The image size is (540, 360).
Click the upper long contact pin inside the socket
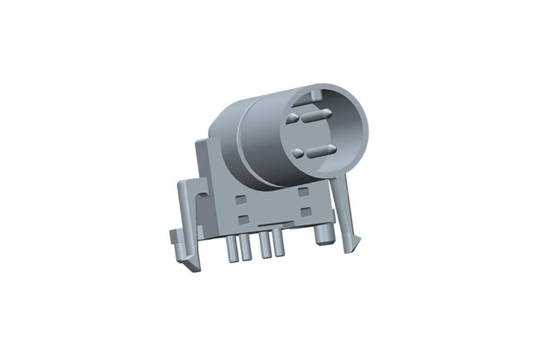[x=317, y=115]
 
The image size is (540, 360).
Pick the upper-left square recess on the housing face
[x=240, y=199]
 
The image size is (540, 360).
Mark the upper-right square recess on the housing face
[x=303, y=192]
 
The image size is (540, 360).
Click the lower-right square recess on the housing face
[x=306, y=211]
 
